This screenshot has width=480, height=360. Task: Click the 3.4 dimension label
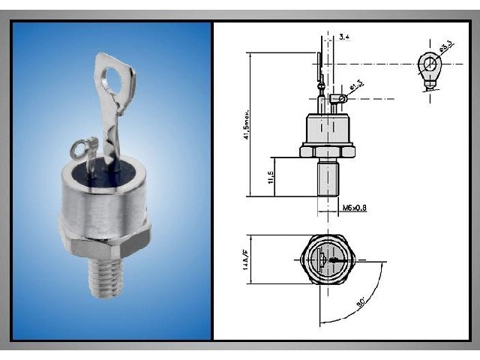tap(344, 37)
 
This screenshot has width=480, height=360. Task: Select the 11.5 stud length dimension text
tap(269, 180)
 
